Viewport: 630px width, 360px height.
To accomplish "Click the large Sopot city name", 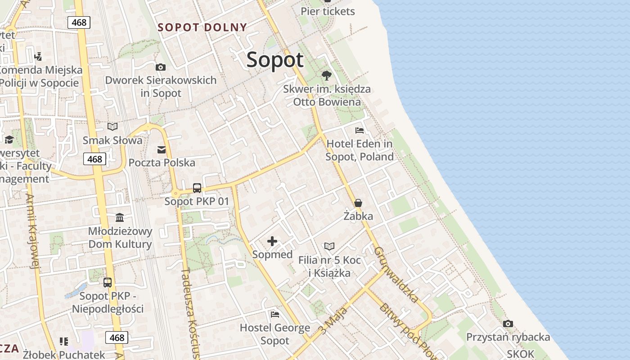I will [x=275, y=60].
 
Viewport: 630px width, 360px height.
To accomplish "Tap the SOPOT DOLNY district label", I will [x=202, y=27].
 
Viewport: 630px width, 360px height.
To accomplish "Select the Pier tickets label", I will [x=328, y=11].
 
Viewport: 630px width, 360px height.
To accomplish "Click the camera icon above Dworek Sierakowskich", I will [x=161, y=67].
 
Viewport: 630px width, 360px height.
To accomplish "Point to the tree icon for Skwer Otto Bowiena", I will [x=327, y=75].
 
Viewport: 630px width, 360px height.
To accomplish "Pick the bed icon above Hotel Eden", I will [x=360, y=131].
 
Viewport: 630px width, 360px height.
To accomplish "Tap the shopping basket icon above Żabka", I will [x=358, y=203].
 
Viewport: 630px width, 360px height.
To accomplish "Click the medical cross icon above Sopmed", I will [x=272, y=242].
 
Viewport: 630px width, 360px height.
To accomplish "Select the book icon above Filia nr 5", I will [x=329, y=246].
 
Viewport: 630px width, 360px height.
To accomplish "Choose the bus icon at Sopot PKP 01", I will [x=197, y=188].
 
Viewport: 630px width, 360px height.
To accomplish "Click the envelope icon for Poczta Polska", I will [x=162, y=149].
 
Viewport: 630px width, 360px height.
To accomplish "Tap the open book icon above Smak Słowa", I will [x=112, y=127].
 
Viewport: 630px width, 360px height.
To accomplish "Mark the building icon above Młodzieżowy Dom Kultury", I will [x=120, y=218].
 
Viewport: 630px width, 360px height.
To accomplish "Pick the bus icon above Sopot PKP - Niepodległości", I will [x=108, y=283].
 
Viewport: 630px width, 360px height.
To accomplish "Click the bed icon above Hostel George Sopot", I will [x=275, y=314].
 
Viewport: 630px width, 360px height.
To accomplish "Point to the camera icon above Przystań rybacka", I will [x=508, y=324].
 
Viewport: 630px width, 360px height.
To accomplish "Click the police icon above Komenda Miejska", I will [x=38, y=57].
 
